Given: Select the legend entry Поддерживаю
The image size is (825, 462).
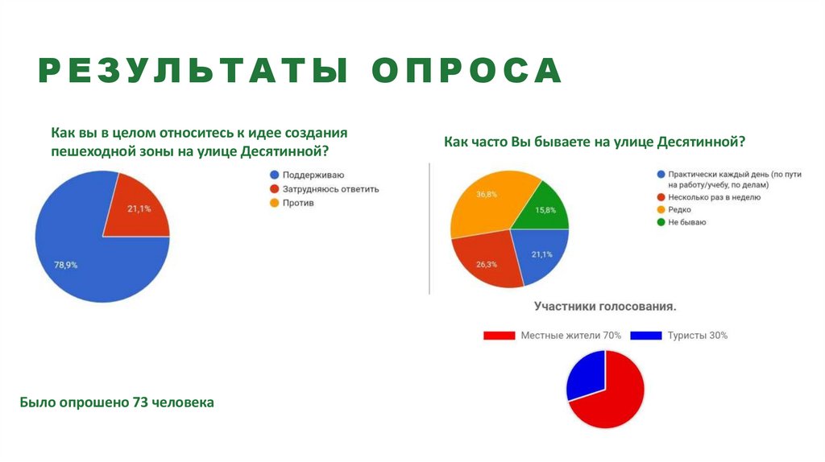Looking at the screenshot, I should click(x=313, y=175).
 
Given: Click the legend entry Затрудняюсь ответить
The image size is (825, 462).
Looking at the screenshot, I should click(x=330, y=189).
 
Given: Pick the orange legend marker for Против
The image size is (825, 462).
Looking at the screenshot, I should click(x=274, y=203).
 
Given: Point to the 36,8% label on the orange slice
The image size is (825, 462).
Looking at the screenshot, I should click(x=486, y=195).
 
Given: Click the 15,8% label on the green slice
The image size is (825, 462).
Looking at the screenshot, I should click(x=546, y=211).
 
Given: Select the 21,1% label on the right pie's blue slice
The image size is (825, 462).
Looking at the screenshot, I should click(x=541, y=255).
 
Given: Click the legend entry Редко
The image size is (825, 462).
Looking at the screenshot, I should click(x=680, y=209).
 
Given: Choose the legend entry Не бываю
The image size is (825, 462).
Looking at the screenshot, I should click(x=686, y=221).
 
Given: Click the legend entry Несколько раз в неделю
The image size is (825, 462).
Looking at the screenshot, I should click(x=714, y=197).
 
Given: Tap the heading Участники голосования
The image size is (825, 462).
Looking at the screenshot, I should click(x=605, y=307).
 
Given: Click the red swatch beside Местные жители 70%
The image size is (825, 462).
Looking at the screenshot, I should click(x=499, y=336).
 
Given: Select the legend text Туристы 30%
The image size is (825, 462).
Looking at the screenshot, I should click(x=697, y=336).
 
